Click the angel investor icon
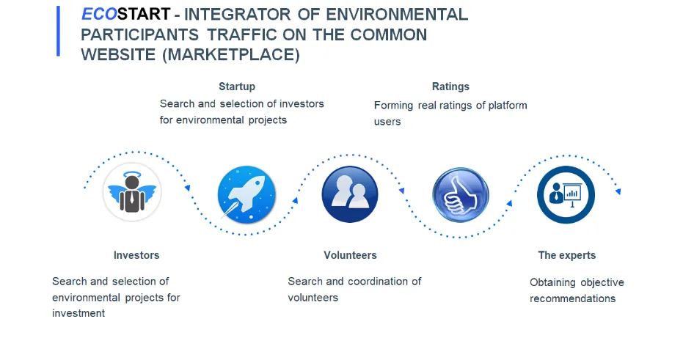point(132,192)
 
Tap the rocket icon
point(246,194)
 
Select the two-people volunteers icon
point(350,194)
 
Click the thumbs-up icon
point(461,195)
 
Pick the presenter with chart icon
point(566,194)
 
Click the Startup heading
point(237,87)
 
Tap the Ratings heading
point(450,87)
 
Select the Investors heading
point(136,255)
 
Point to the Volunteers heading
point(350,255)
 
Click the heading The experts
point(566,255)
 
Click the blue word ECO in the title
point(99,15)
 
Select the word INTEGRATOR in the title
point(238,15)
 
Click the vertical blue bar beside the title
point(58,31)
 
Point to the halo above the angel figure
point(132,175)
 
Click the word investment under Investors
point(78,313)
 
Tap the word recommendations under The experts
point(573,298)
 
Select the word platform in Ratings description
point(508,106)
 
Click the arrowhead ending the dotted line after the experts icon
point(618,191)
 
